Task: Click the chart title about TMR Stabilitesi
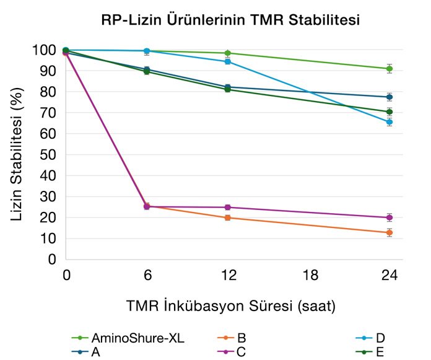tap(231, 20)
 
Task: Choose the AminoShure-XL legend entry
tap(129, 338)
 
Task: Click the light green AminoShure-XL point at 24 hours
tap(390, 69)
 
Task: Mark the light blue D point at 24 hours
tap(390, 122)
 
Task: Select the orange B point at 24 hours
tap(390, 232)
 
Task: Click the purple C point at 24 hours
tap(390, 217)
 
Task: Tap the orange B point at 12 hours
tap(228, 217)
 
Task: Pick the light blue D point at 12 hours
tap(228, 61)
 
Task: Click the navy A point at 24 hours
tap(390, 97)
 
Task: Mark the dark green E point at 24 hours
tap(390, 112)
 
